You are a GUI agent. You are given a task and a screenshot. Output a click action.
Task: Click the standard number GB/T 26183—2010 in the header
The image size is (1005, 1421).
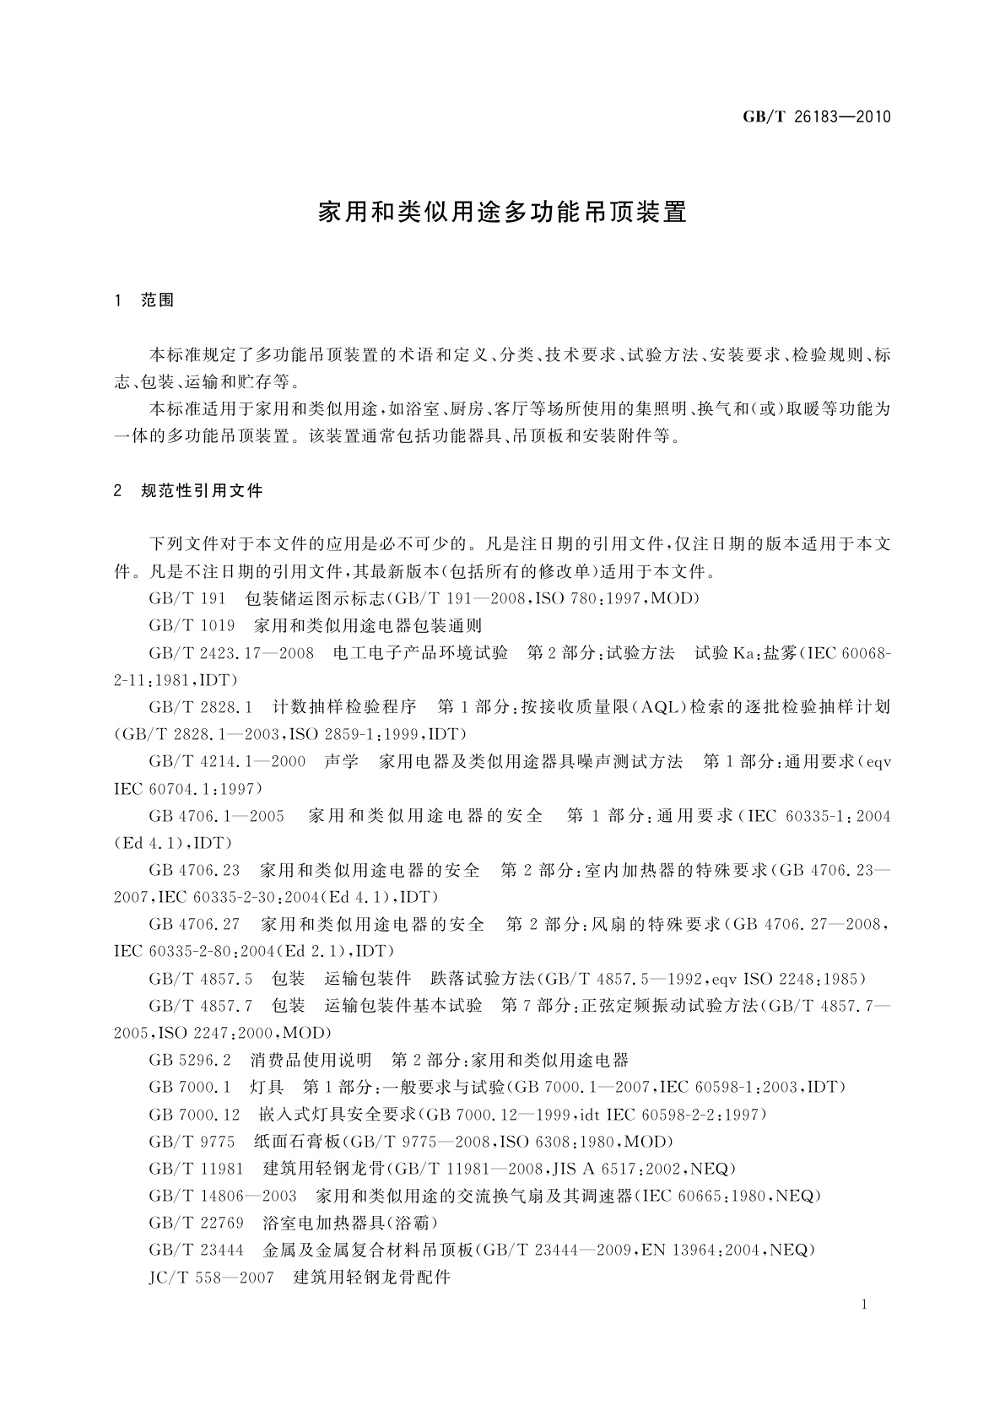coord(816,117)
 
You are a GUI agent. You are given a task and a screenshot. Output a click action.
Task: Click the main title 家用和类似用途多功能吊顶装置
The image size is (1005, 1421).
coord(502,212)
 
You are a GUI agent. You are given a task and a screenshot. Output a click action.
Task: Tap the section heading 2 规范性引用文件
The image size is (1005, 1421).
coord(188,491)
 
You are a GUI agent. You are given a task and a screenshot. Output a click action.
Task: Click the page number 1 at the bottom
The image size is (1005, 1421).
coord(864,1305)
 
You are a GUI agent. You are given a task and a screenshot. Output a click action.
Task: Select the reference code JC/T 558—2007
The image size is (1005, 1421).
coord(211,1278)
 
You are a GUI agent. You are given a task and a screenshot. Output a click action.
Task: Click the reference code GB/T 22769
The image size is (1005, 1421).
coord(196,1223)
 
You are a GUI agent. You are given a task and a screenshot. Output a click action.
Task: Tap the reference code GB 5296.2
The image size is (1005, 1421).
coord(190,1061)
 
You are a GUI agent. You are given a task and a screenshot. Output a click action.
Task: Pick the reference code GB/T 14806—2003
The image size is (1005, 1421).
coord(223,1196)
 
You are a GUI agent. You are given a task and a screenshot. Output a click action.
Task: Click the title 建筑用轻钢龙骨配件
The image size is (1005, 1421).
coord(372,1278)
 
